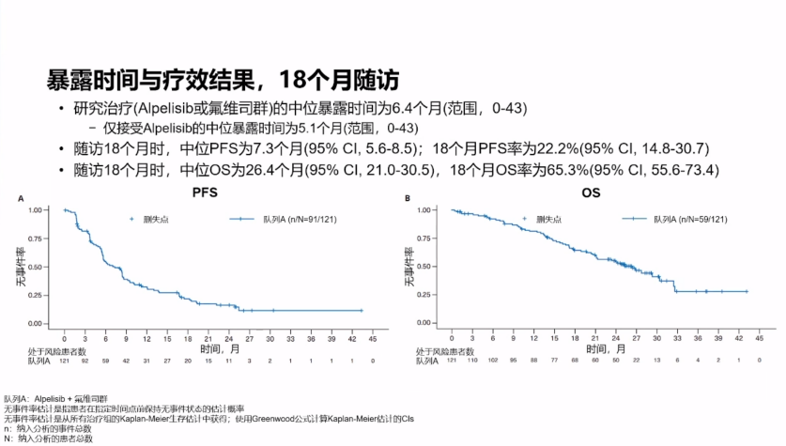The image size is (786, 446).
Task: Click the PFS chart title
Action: (205, 194)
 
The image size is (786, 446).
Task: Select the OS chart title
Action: (593, 194)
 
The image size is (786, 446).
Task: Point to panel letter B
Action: (407, 198)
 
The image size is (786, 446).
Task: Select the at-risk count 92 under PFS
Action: (85, 361)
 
